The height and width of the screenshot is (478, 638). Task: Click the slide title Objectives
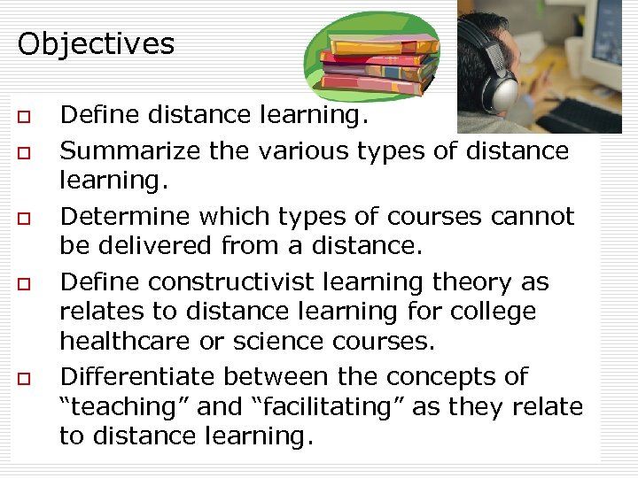pos(96,43)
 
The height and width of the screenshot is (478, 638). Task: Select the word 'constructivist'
pos(226,282)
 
